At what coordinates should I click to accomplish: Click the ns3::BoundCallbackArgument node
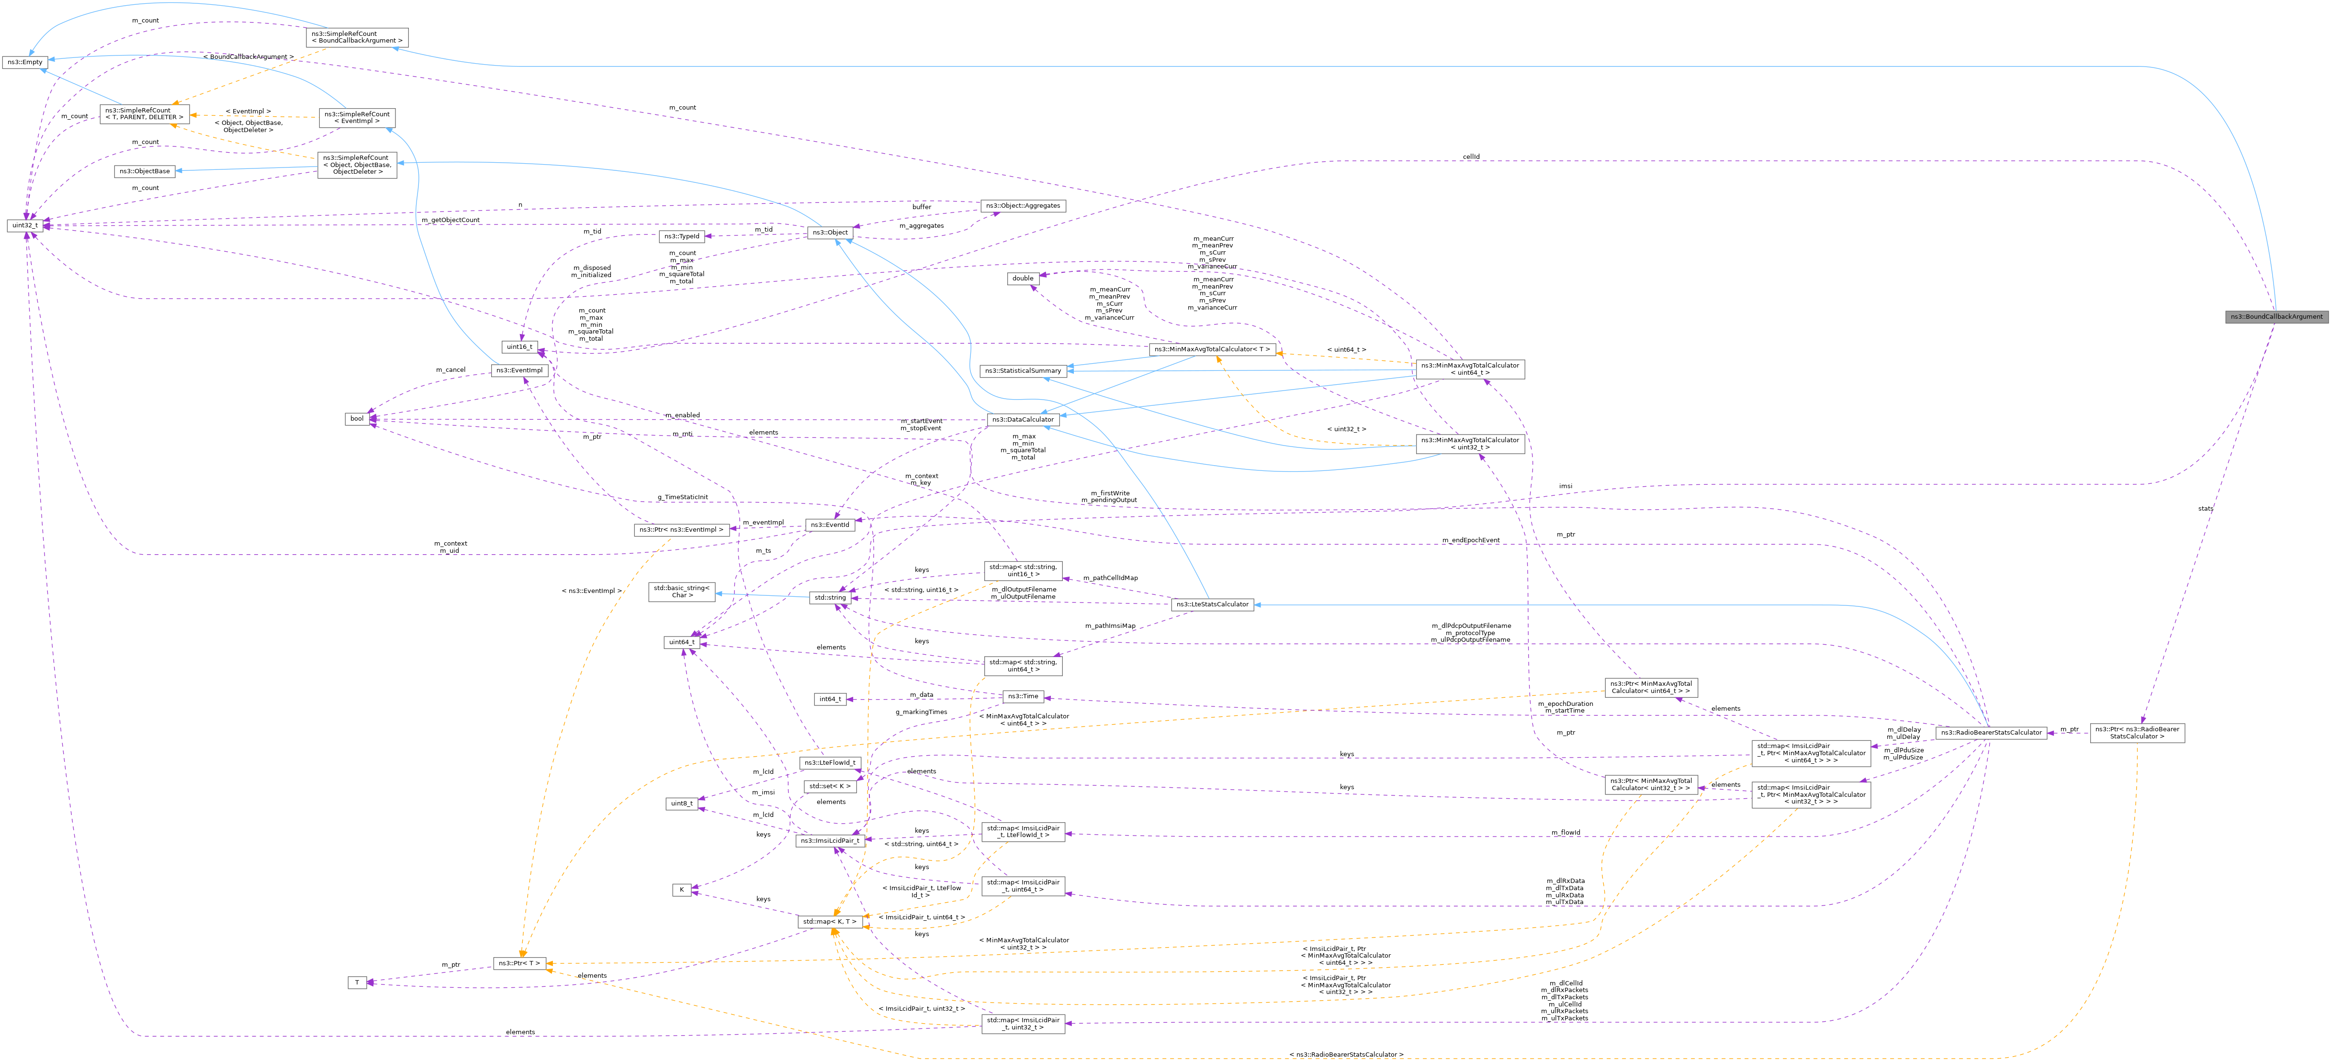tap(2275, 317)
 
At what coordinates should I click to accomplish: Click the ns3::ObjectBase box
tap(145, 171)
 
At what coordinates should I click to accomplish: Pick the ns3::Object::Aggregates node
tap(1024, 206)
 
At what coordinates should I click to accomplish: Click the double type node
tap(1023, 279)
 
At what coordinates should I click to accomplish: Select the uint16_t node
tap(520, 346)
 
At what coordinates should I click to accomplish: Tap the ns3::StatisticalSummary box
tap(1023, 371)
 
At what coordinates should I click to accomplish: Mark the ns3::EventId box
tap(830, 525)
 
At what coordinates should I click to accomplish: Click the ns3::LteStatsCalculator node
tap(1212, 604)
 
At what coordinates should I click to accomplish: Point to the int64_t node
tap(830, 699)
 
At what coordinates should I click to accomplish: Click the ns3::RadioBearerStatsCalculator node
tap(1990, 733)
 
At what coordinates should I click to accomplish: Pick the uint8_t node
tap(681, 803)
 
